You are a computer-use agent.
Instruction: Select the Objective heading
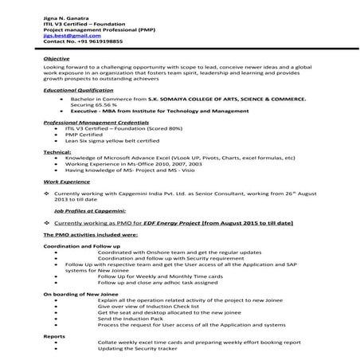coord(56,59)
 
